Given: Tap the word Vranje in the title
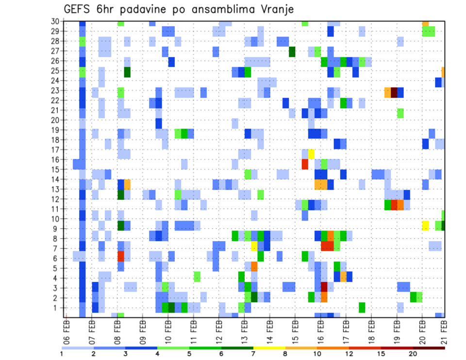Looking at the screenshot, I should (x=274, y=10).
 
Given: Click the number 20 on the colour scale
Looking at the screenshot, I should (x=413, y=354).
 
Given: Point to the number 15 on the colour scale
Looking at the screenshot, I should (x=381, y=354).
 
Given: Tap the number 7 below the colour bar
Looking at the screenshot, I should (x=253, y=354).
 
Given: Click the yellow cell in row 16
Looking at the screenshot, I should (x=312, y=154).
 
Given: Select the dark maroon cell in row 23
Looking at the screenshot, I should (x=394, y=92).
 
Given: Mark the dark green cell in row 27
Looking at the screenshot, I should (x=292, y=51).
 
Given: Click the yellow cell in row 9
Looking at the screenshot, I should (x=426, y=226).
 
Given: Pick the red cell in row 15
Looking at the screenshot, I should (x=305, y=164).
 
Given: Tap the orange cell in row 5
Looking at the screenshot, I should (x=254, y=266).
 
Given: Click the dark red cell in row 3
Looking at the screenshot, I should (x=324, y=286).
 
